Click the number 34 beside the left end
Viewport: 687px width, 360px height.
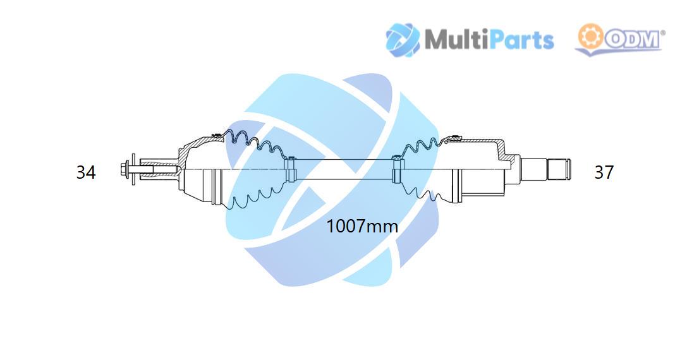86,172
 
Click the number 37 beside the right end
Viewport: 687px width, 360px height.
604,172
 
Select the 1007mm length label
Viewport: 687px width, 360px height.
362,227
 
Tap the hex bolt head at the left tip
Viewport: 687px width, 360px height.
123,169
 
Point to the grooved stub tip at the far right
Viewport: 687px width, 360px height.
559,169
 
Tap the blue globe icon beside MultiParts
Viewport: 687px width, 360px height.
403,40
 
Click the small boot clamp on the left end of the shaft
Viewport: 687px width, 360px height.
289,169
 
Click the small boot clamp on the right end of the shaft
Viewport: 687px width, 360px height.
396,169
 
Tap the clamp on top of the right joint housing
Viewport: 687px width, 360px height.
455,138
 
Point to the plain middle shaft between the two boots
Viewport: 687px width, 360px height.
343,169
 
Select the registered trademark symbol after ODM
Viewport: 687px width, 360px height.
663,32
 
